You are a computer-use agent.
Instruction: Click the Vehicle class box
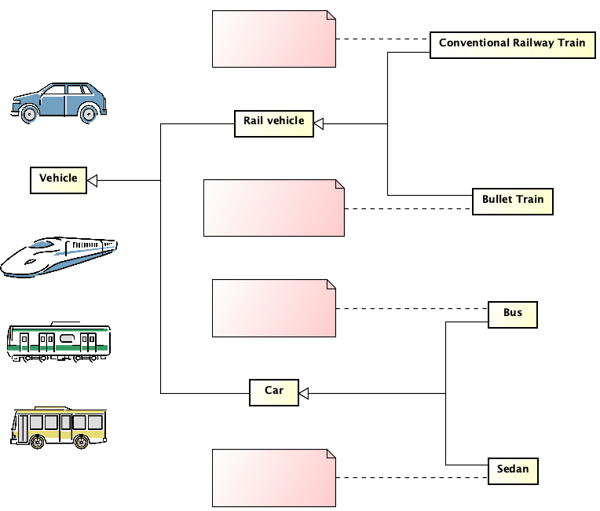pyautogui.click(x=59, y=179)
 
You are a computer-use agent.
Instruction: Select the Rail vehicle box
pyautogui.click(x=273, y=122)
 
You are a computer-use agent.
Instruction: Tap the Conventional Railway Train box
pyautogui.click(x=512, y=44)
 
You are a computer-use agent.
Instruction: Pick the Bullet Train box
pyautogui.click(x=513, y=200)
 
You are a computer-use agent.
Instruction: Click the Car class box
pyautogui.click(x=273, y=392)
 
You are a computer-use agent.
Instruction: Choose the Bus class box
pyautogui.click(x=513, y=314)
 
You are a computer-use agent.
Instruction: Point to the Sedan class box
pyautogui.click(x=513, y=470)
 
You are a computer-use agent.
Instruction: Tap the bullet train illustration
pyautogui.click(x=59, y=256)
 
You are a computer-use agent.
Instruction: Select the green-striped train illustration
pyautogui.click(x=59, y=341)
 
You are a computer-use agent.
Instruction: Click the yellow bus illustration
pyautogui.click(x=59, y=427)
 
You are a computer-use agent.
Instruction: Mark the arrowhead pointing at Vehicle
pyautogui.click(x=92, y=180)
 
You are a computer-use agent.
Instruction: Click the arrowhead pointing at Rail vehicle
pyautogui.click(x=319, y=123)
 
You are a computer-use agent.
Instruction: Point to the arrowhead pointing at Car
pyautogui.click(x=304, y=392)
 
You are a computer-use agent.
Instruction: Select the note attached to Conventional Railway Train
pyautogui.click(x=273, y=39)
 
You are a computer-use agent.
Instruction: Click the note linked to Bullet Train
pyautogui.click(x=273, y=208)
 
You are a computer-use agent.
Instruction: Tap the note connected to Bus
pyautogui.click(x=273, y=308)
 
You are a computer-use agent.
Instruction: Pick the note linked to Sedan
pyautogui.click(x=273, y=477)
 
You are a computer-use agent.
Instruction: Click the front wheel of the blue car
pyautogui.click(x=29, y=113)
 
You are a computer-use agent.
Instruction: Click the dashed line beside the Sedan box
pyautogui.click(x=412, y=477)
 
